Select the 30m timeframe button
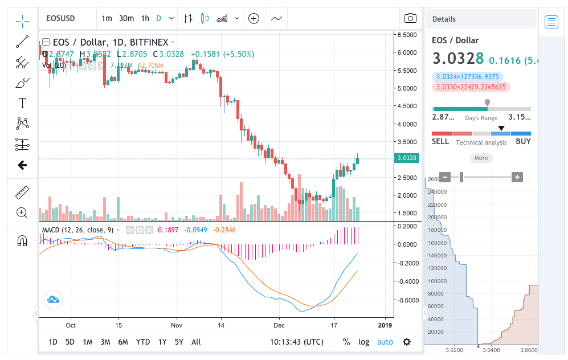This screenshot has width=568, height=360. pos(126,18)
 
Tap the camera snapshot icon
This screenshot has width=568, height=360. pos(410,18)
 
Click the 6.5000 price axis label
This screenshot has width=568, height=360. pos(407,35)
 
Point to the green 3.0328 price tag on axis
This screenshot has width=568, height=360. pos(407,158)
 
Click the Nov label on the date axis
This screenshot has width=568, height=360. pos(176,325)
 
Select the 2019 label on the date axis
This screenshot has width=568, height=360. pos(385,325)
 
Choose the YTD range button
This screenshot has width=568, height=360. pos(143,342)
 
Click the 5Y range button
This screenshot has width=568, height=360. pos(179,342)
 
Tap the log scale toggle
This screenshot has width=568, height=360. pos(363,342)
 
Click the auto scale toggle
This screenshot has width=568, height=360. pos(385,342)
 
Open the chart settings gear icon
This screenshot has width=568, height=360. pos(407,342)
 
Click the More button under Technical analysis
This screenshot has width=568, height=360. pos(481,158)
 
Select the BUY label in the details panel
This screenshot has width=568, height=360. pos(524,142)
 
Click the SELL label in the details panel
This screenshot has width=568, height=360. pos(440,142)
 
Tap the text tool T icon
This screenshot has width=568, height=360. pos(22,103)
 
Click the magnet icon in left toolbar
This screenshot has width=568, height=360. pos(22,240)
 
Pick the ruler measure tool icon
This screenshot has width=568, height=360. pos(22,192)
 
